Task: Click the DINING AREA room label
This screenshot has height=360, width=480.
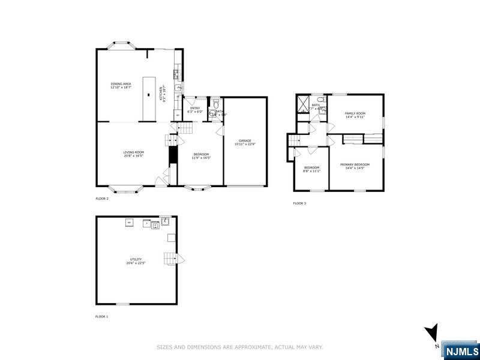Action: pyautogui.click(x=121, y=85)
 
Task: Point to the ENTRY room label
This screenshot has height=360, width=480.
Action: pyautogui.click(x=196, y=109)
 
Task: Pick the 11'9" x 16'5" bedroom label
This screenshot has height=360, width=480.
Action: pyautogui.click(x=201, y=156)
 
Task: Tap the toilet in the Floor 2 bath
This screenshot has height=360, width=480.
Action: pyautogui.click(x=215, y=112)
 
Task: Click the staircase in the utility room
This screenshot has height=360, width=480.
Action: pyautogui.click(x=173, y=260)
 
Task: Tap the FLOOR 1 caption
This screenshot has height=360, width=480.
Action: pyautogui.click(x=102, y=316)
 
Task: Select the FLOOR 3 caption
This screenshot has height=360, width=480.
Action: pyautogui.click(x=299, y=203)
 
